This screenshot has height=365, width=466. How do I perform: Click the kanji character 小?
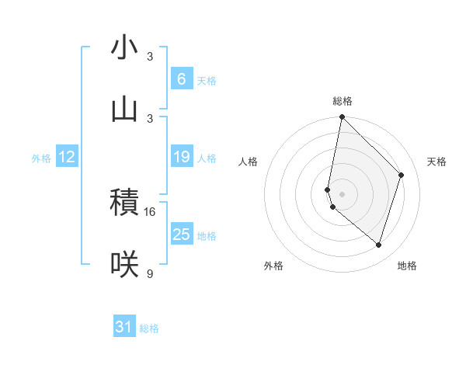pyautogui.click(x=124, y=48)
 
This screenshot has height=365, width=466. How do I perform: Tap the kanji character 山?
pyautogui.click(x=124, y=109)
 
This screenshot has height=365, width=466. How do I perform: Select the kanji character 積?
pyautogui.click(x=124, y=203)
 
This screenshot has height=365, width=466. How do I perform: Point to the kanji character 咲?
pyautogui.click(x=124, y=265)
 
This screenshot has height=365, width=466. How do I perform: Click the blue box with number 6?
pyautogui.click(x=181, y=79)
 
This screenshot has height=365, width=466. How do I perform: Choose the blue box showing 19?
pyautogui.click(x=181, y=157)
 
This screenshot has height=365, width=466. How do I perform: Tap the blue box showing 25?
pyautogui.click(x=181, y=235)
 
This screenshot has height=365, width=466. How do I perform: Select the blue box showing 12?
pyautogui.click(x=66, y=157)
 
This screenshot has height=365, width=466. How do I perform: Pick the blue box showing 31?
pyautogui.click(x=124, y=327)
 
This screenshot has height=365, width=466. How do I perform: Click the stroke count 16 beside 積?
pyautogui.click(x=150, y=211)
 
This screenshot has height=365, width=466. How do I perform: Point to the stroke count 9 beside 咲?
pyautogui.click(x=150, y=273)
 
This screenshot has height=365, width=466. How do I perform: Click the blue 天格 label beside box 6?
pyautogui.click(x=207, y=81)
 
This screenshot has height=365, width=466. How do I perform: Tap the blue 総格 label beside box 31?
pyautogui.click(x=149, y=328)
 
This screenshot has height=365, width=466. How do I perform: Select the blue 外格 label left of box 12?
pyautogui.click(x=41, y=158)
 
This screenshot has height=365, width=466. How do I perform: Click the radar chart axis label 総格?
pyautogui.click(x=343, y=101)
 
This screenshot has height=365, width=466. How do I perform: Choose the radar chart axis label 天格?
pyautogui.click(x=436, y=162)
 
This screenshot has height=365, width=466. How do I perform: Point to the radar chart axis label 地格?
pyautogui.click(x=407, y=266)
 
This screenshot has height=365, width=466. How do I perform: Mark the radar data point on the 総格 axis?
pyautogui.click(x=342, y=116)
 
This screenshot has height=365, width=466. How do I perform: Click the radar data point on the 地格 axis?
pyautogui.click(x=378, y=245)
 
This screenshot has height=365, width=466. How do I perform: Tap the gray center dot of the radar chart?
pyautogui.click(x=342, y=193)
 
